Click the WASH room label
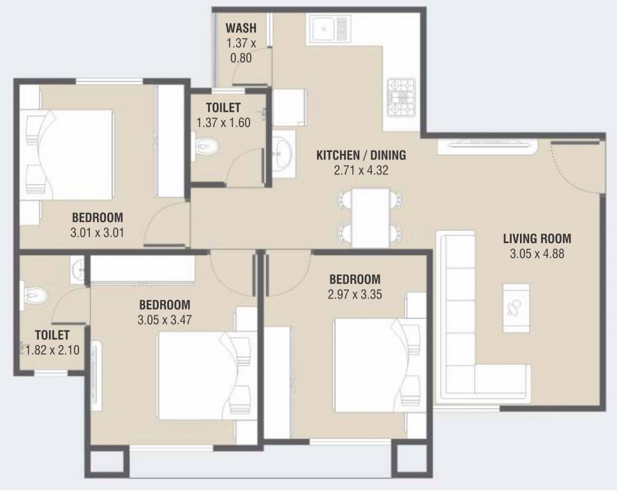pos(241,29)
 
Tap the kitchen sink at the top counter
pos(331,29)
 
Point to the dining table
pos(371,217)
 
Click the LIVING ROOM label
pos(537,240)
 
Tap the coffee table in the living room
pos(516,308)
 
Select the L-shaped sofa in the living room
pos(457,319)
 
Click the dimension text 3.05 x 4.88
pos(537,254)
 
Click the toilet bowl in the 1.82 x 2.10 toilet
pos(35,295)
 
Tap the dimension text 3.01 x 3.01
pos(97,232)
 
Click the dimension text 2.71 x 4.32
pos(361,170)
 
